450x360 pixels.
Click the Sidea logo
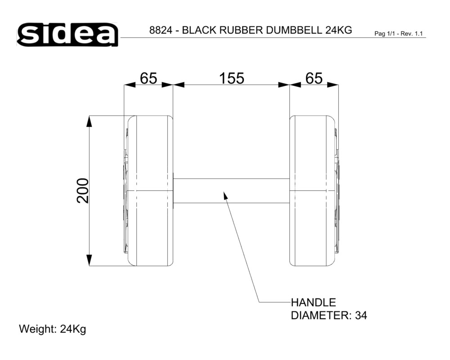point(67,35)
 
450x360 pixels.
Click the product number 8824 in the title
point(161,30)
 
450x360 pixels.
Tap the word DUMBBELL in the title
point(294,30)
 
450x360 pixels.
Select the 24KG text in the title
point(339,30)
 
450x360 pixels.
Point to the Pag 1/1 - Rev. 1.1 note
point(399,34)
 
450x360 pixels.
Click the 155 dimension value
point(232,78)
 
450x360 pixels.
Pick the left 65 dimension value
point(148,78)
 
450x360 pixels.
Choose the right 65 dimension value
point(314,78)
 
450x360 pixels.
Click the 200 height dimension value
point(83,191)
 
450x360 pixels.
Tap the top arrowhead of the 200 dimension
point(90,121)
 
